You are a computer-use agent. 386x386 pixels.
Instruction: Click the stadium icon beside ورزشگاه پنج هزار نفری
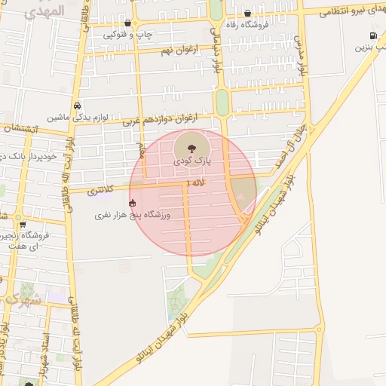point(133,202)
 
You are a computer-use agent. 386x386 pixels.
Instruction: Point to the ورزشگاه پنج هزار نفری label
point(133,216)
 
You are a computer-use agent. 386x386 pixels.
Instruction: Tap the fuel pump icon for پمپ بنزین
point(373,36)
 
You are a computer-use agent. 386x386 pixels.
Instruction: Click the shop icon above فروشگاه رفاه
point(248,12)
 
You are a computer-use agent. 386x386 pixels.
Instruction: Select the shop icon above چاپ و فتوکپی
point(127,23)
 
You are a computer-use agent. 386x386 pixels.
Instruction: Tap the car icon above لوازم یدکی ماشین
point(78,106)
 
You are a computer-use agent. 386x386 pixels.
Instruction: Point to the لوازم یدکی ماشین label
point(78,118)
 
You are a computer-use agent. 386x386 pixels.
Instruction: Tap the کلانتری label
point(100,191)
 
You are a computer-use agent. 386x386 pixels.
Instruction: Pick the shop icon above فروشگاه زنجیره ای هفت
point(23,224)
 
